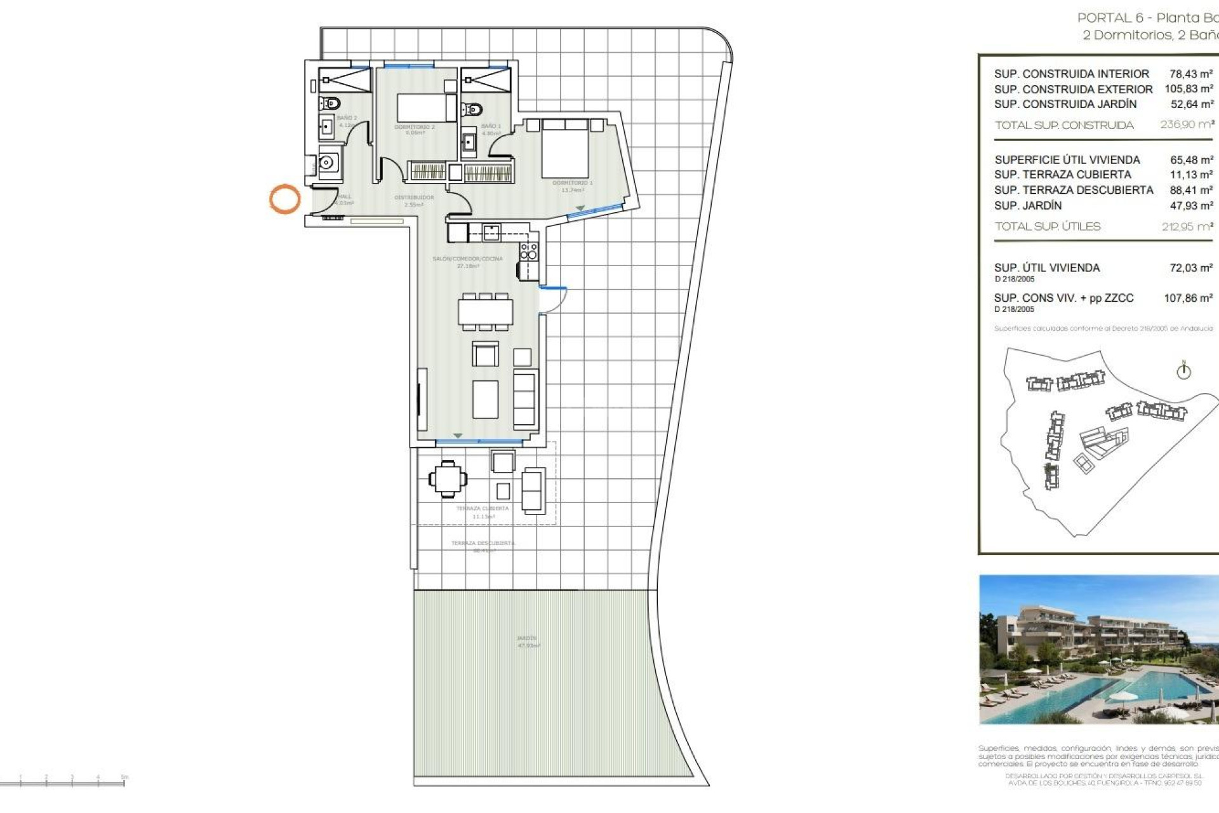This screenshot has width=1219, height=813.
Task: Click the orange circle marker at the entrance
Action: pos(284,199)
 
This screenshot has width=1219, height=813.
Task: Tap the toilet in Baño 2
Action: pos(330,103)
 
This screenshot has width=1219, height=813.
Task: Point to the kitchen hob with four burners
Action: pos(528,251)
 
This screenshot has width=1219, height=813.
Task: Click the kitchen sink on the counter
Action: pos(491,232)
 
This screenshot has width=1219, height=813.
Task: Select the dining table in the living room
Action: pos(486,312)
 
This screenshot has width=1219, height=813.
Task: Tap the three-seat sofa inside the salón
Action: pos(524,400)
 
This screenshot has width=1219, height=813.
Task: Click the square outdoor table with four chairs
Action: pos(448,478)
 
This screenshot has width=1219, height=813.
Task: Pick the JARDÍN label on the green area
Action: pos(527,638)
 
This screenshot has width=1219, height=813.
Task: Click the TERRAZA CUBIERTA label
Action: pos(483,509)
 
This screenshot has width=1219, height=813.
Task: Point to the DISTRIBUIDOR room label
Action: pos(414,198)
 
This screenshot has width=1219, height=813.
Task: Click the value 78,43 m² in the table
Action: pos(1191,74)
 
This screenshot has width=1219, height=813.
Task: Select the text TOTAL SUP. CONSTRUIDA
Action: pos(1064,125)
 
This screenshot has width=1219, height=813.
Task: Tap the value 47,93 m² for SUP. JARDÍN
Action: pos(1191,206)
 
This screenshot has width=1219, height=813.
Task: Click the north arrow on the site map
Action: pos(1183,370)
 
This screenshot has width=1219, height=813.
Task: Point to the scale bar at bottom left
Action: pos(63,782)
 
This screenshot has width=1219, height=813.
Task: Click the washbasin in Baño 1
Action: pos(469,142)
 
